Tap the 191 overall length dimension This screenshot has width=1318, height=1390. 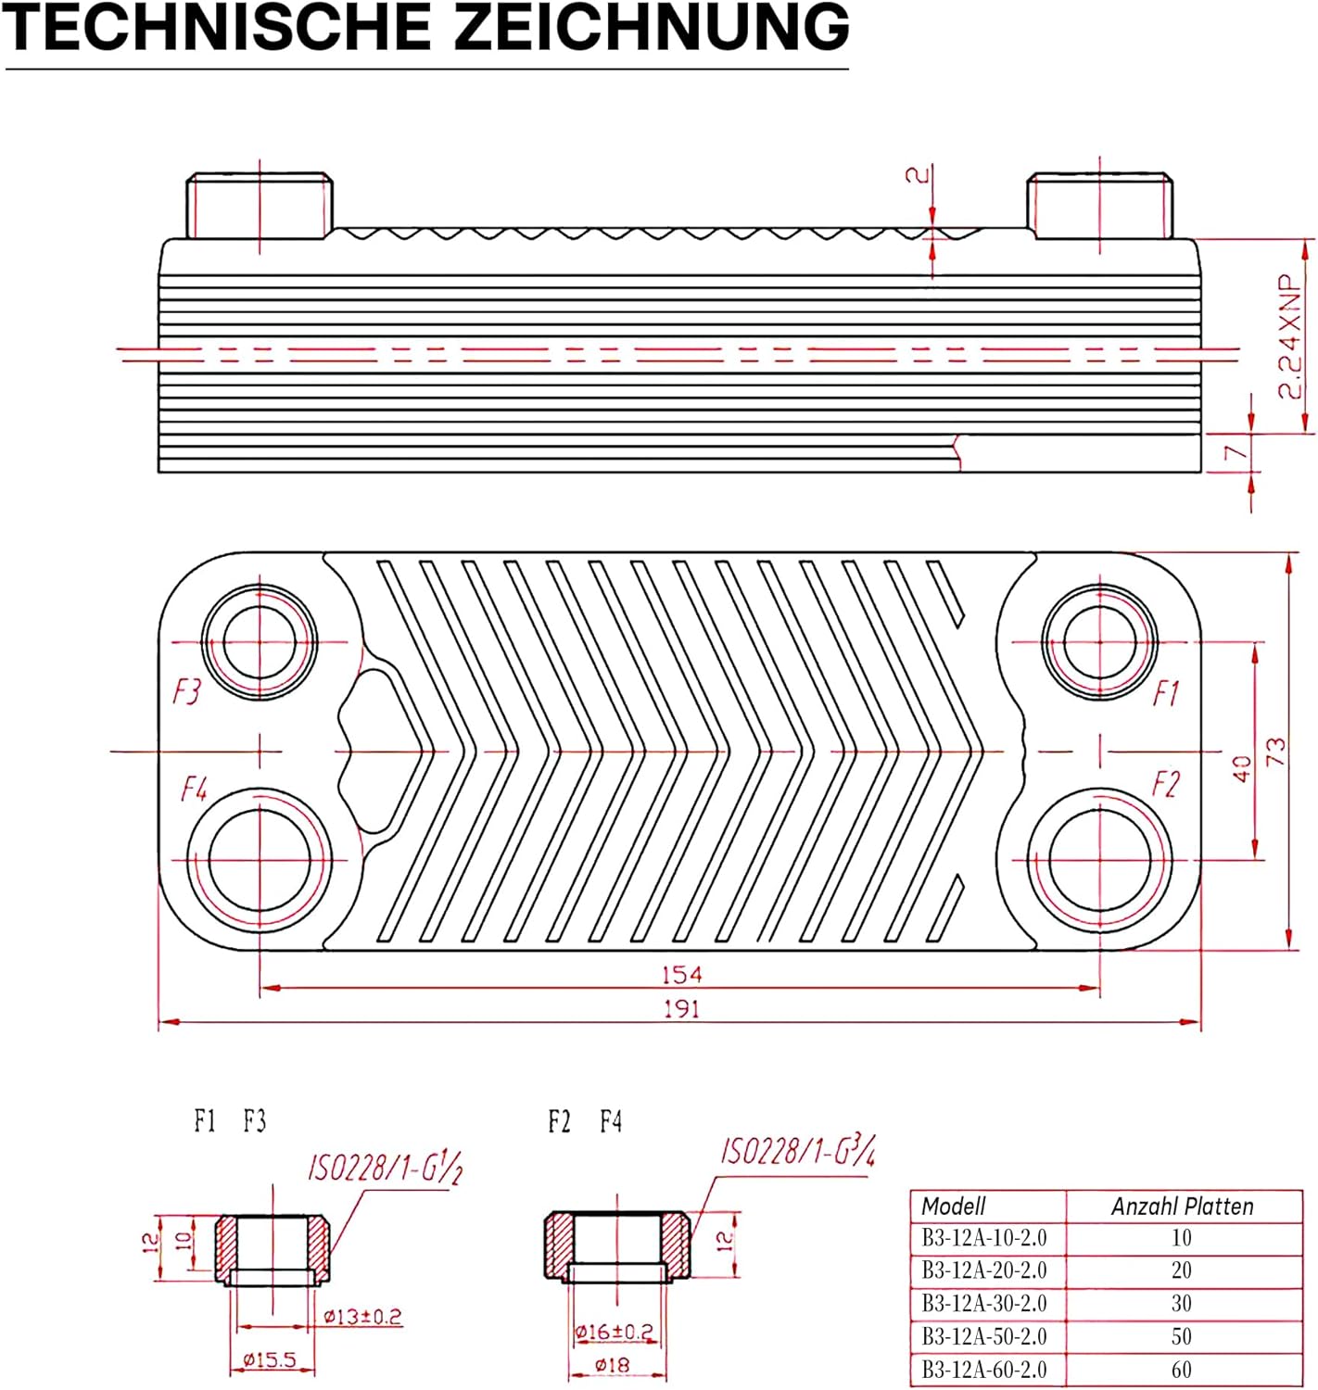[x=681, y=1009]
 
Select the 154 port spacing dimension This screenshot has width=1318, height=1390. [x=681, y=975]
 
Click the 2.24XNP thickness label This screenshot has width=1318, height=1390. [x=1290, y=336]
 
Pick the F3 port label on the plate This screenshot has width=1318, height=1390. [x=187, y=691]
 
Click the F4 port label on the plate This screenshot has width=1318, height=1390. [x=194, y=789]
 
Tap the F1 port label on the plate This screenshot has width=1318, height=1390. [x=1166, y=693]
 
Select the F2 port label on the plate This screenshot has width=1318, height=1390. [x=1166, y=785]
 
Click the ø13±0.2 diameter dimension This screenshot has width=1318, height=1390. [x=362, y=1316]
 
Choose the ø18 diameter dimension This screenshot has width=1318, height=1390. [x=612, y=1364]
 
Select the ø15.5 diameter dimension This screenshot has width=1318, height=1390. [x=270, y=1359]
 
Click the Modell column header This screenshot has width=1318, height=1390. [x=953, y=1206]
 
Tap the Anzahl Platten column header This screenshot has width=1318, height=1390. [x=1182, y=1206]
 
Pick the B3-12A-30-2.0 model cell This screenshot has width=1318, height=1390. [x=983, y=1302]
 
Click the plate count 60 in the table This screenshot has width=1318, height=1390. [x=1182, y=1369]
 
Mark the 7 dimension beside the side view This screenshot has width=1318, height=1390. [x=1235, y=452]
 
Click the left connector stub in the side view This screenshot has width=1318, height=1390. [x=260, y=205]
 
